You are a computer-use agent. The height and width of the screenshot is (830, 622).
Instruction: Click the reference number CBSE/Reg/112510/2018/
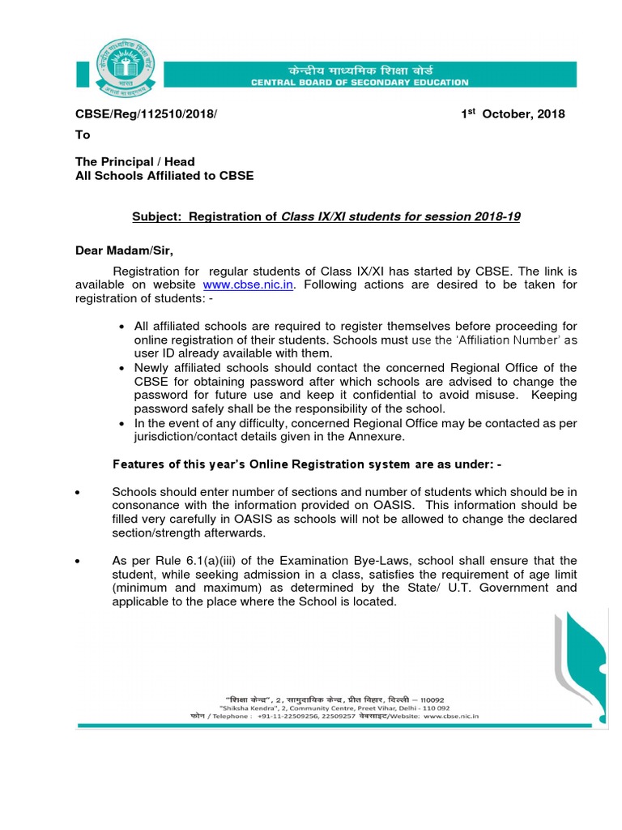tap(147, 114)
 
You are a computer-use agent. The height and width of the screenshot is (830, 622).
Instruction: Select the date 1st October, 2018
tap(513, 114)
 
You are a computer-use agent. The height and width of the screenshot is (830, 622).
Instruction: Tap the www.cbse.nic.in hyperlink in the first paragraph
tap(248, 285)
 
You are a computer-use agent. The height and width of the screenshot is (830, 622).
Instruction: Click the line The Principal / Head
tap(134, 161)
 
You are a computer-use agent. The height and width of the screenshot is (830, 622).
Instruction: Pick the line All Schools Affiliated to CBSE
tap(164, 175)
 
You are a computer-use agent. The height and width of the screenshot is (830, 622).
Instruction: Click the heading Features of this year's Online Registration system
tap(305, 464)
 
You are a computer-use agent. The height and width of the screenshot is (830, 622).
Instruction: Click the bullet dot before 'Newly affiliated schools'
tap(121, 368)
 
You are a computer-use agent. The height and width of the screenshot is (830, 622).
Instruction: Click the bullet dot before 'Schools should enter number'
tap(78, 492)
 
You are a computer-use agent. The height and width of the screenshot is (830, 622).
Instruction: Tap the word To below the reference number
tap(83, 135)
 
